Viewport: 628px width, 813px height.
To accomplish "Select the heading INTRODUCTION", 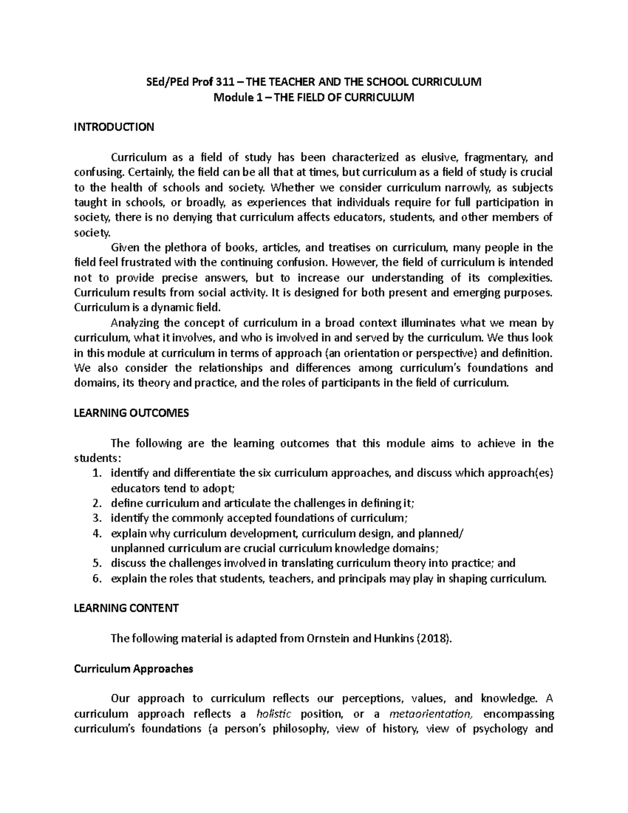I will click(114, 127).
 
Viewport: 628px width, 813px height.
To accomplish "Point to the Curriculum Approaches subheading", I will click(133, 669).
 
